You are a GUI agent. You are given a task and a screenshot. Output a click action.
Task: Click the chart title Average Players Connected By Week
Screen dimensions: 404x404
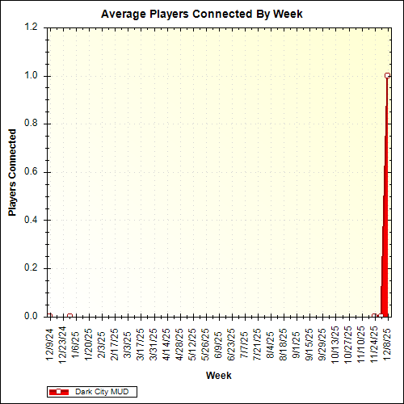click(201, 15)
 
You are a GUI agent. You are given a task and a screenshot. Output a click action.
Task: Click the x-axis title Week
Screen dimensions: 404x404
click(218, 376)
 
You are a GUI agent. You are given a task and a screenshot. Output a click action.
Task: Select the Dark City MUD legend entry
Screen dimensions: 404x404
click(99, 391)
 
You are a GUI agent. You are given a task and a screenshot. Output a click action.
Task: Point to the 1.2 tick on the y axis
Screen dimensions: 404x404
click(32, 27)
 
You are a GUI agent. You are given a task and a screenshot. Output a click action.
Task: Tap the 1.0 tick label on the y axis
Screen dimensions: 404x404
click(32, 76)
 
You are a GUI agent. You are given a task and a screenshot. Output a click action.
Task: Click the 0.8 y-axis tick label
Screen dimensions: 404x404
click(32, 124)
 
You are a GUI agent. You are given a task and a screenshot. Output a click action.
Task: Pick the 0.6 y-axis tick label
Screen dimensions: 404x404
click(32, 172)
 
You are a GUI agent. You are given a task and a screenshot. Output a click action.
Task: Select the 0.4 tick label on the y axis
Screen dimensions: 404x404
click(32, 220)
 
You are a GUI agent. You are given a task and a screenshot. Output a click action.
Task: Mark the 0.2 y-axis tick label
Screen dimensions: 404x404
click(32, 268)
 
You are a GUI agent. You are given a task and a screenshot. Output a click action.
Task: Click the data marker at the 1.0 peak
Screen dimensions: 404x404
click(387, 76)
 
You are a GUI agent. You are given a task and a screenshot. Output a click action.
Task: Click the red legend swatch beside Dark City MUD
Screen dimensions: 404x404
click(59, 391)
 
